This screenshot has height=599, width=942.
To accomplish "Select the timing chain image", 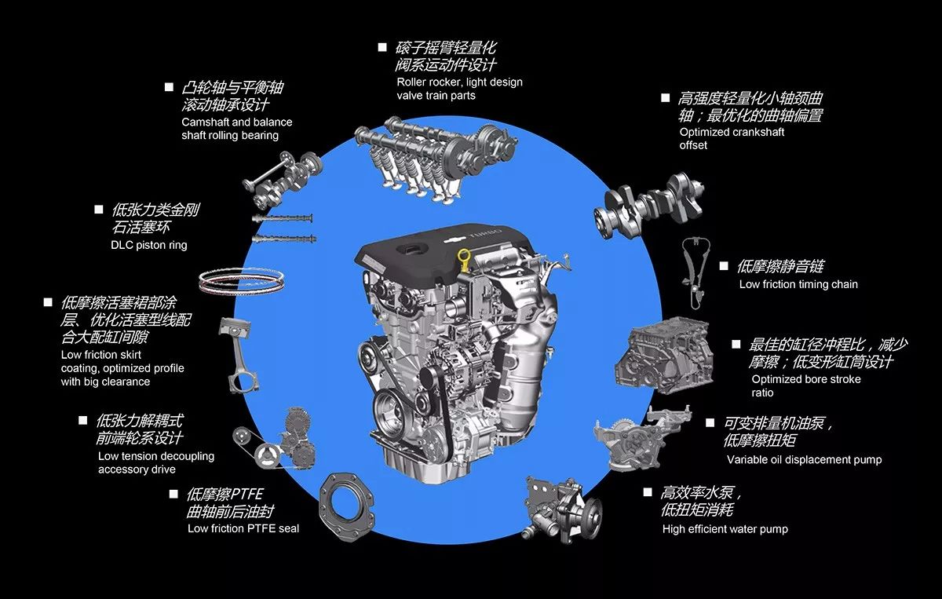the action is pyautogui.click(x=696, y=272).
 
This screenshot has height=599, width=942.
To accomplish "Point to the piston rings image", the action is pyautogui.click(x=242, y=280).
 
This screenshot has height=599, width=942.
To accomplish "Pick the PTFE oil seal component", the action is pyautogui.click(x=346, y=506).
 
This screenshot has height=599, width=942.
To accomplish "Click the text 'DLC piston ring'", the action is pyautogui.click(x=149, y=245).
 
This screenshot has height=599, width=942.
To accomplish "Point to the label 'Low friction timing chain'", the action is pyautogui.click(x=798, y=284).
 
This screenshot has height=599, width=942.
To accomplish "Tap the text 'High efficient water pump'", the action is pyautogui.click(x=725, y=529).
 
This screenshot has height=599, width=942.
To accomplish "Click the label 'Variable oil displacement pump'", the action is pyautogui.click(x=804, y=459).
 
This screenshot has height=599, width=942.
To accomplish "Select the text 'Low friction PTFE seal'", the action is pyautogui.click(x=243, y=528).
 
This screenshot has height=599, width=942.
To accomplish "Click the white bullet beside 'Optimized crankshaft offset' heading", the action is pyautogui.click(x=666, y=98).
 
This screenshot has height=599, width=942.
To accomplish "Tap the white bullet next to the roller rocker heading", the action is pyautogui.click(x=382, y=47).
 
